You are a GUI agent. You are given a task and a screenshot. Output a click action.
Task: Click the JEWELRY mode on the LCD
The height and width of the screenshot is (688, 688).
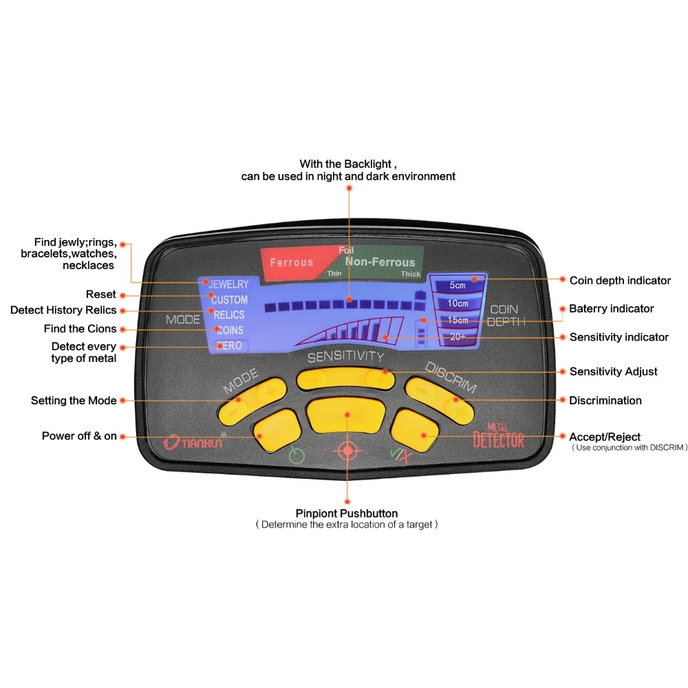(x=228, y=284)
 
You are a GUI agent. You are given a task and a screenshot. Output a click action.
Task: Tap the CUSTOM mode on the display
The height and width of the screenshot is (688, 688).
(x=229, y=300)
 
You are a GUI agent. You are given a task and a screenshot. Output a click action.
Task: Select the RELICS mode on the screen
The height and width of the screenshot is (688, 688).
(x=228, y=314)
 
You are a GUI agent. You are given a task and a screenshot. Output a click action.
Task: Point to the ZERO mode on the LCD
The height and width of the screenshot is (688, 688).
(x=230, y=346)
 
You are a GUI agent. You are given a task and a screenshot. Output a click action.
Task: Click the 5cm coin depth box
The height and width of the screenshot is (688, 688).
(x=458, y=286)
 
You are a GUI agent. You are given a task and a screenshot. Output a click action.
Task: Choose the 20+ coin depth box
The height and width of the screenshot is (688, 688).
(x=458, y=336)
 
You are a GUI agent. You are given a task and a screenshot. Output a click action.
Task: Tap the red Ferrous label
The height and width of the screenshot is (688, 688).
(x=291, y=262)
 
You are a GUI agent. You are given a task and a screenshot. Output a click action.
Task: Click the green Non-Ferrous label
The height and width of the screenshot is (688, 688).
(x=380, y=262)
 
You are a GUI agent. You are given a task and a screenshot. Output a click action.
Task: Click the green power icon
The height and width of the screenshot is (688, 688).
(x=297, y=455)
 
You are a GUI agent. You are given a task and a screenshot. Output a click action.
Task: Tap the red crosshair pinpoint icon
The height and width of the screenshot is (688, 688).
(x=347, y=450)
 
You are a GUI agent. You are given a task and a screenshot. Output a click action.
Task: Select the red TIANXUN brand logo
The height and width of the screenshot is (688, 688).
(x=194, y=442)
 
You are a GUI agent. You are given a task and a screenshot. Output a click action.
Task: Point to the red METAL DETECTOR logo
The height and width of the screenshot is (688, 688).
(x=498, y=436)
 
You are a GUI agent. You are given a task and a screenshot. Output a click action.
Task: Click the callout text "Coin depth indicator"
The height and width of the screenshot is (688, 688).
(x=620, y=281)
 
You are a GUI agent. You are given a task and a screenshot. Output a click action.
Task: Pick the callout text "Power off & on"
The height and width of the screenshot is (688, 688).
(x=79, y=436)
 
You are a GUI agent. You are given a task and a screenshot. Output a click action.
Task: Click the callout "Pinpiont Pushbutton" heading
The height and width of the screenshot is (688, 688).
(x=347, y=513)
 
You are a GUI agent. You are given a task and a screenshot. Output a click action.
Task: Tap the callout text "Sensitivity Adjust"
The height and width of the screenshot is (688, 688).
(x=614, y=372)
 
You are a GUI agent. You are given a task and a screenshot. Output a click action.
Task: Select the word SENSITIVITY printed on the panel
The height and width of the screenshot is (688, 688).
(x=346, y=356)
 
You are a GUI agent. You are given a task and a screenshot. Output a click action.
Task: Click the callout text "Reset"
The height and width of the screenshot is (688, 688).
(x=101, y=294)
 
